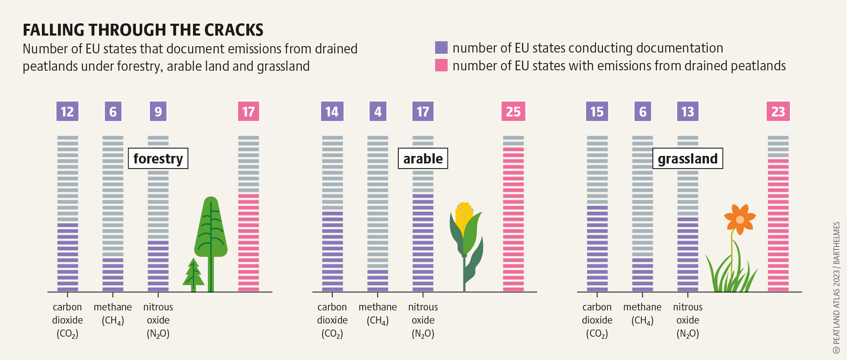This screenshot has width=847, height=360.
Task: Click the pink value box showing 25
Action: (x=513, y=111)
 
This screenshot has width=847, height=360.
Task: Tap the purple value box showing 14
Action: (x=332, y=111)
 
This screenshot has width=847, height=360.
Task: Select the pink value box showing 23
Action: (x=778, y=111)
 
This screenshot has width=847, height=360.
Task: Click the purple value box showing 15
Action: (x=597, y=111)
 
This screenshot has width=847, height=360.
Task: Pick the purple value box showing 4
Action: (x=378, y=111)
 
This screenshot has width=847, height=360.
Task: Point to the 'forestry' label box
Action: (x=158, y=158)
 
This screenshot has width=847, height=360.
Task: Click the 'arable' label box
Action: (x=423, y=158)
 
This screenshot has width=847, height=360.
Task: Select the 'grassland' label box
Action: (x=687, y=158)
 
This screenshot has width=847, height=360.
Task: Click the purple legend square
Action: (x=441, y=47)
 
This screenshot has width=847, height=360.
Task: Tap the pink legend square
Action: (x=441, y=65)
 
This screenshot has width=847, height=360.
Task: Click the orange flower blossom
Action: (x=739, y=219)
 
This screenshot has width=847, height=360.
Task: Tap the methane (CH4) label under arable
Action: (x=378, y=313)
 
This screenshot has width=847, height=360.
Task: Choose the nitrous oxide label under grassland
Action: (x=687, y=320)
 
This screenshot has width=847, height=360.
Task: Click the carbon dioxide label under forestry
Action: (x=67, y=320)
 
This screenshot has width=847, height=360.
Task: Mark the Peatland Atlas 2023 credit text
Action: (x=836, y=288)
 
